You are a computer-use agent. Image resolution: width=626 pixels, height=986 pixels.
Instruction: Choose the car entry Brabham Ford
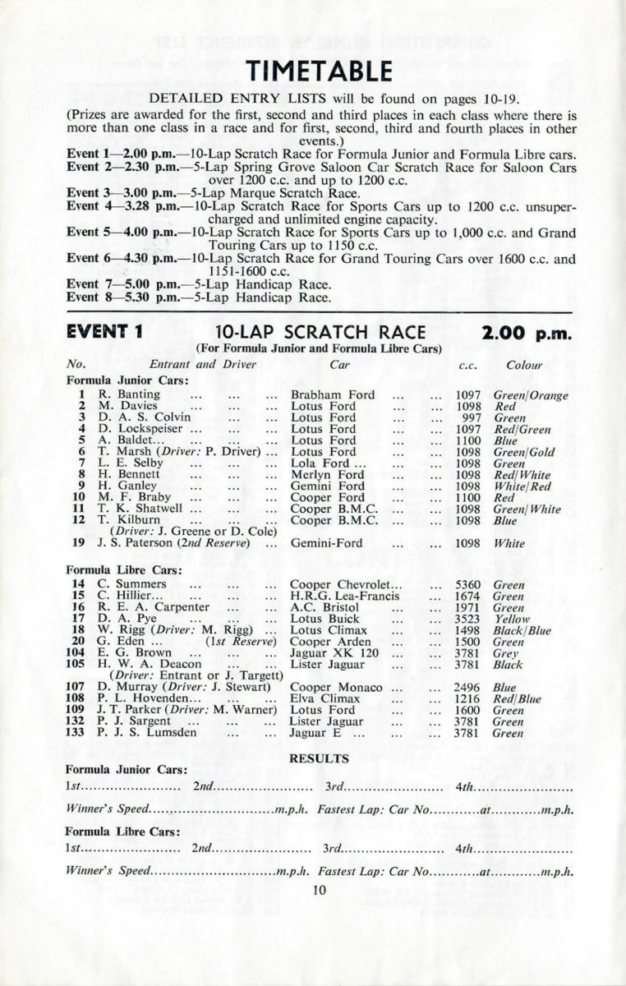333,395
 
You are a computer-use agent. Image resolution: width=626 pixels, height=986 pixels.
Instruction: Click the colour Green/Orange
531,395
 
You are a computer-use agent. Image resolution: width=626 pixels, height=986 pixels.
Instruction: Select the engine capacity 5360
468,585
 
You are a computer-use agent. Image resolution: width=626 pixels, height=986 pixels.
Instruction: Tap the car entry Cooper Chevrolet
339,585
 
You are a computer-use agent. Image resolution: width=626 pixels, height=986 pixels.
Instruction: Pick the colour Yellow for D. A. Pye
512,620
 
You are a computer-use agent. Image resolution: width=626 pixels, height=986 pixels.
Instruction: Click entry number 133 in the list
76,733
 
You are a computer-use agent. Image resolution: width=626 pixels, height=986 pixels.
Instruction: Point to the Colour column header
524,365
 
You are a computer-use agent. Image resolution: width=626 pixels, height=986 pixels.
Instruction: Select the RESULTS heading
320,758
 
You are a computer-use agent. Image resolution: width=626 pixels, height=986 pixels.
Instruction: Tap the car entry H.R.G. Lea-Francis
345,597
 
